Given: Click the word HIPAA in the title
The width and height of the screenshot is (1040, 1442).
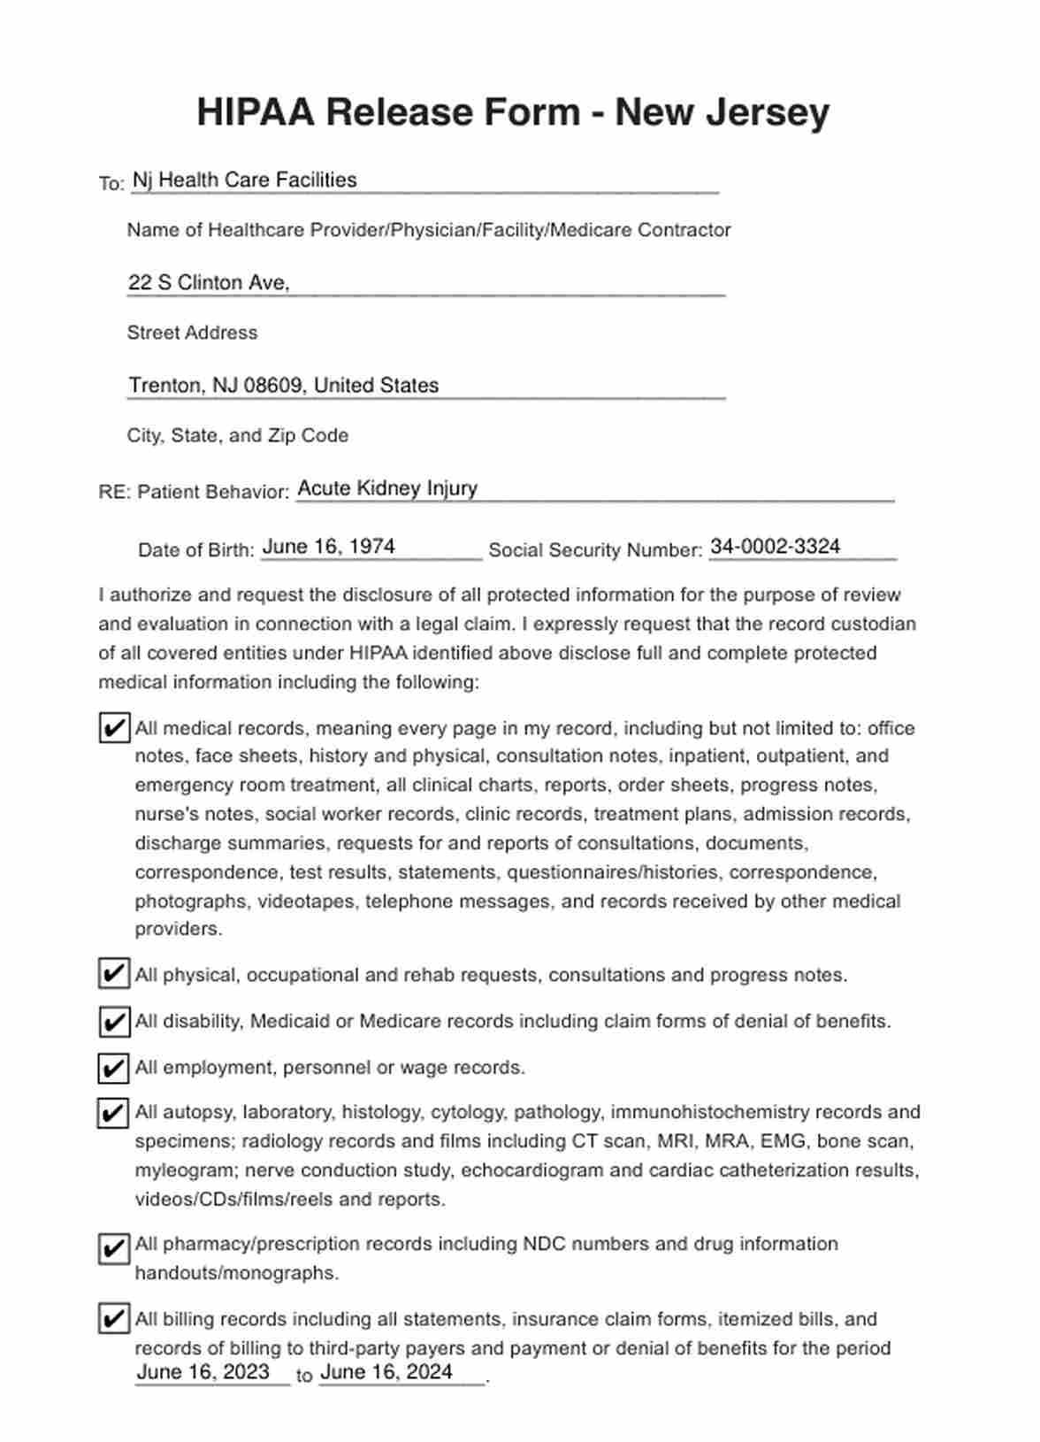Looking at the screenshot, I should [255, 112].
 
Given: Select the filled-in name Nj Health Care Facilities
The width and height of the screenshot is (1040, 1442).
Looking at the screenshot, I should [244, 180].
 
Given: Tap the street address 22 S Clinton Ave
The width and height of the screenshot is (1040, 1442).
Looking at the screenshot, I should [209, 282].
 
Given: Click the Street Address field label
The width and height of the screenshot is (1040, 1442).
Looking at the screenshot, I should [192, 333].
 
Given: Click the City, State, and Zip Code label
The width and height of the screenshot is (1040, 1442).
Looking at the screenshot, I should [237, 435].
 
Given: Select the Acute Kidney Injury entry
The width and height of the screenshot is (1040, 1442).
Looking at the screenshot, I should [387, 487].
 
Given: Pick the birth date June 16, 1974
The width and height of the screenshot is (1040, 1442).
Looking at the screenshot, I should [328, 546].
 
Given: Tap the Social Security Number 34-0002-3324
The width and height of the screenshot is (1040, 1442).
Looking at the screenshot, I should [775, 546].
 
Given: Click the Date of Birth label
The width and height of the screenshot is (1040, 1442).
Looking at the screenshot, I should [195, 549].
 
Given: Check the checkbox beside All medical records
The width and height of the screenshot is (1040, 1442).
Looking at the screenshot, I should [113, 728].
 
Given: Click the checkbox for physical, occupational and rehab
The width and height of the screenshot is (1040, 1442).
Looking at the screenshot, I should [113, 974].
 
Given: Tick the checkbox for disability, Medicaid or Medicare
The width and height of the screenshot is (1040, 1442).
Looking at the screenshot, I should [113, 1021].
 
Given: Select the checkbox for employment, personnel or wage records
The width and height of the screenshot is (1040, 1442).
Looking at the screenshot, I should [113, 1068].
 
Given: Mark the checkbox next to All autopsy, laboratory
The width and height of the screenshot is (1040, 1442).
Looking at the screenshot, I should [113, 1112].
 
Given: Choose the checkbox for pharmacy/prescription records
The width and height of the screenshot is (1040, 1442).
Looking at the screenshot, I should [113, 1248].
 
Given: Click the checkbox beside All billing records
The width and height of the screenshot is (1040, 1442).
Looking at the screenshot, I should [113, 1319].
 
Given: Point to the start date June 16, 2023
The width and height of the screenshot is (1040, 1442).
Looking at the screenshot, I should [203, 1371].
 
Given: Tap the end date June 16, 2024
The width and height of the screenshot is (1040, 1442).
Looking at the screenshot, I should [386, 1371].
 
